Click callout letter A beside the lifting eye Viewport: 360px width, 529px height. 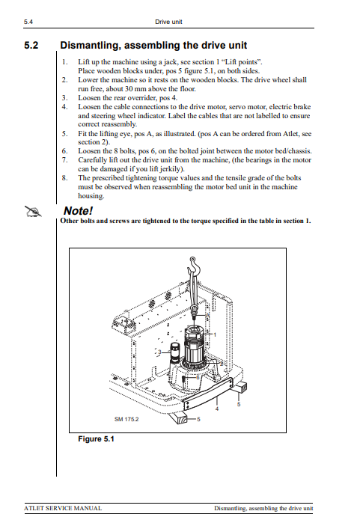(x=208, y=315)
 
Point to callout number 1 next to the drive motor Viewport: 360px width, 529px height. (x=215, y=334)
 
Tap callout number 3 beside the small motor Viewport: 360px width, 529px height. (x=160, y=352)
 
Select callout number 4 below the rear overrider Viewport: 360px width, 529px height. (x=217, y=409)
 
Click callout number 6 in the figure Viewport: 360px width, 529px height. (x=198, y=377)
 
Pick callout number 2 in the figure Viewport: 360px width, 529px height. (x=222, y=364)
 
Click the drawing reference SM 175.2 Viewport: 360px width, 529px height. (x=126, y=419)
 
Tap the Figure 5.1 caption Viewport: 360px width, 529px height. (x=96, y=439)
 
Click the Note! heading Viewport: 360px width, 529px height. (x=78, y=211)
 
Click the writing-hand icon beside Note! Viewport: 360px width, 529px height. (x=33, y=212)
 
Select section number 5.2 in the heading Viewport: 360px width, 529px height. (x=31, y=45)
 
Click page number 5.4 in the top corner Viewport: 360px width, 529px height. (x=28, y=22)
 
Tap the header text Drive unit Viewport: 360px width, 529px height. (x=168, y=22)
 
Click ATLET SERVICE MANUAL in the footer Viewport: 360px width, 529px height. (x=63, y=508)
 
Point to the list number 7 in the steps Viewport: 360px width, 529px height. (x=64, y=160)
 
